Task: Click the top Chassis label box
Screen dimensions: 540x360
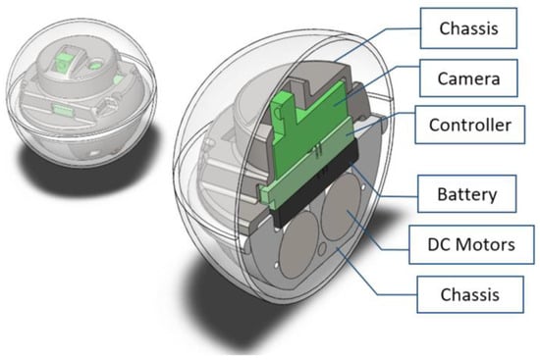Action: [x=468, y=28]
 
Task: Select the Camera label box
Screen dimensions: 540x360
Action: [x=468, y=78]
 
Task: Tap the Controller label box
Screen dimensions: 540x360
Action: [x=469, y=125]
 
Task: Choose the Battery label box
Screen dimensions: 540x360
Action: [x=467, y=194]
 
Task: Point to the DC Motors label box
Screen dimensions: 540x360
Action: [x=471, y=244]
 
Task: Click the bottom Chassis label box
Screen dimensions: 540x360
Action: [x=470, y=294]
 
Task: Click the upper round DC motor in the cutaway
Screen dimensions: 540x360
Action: [x=341, y=207]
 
